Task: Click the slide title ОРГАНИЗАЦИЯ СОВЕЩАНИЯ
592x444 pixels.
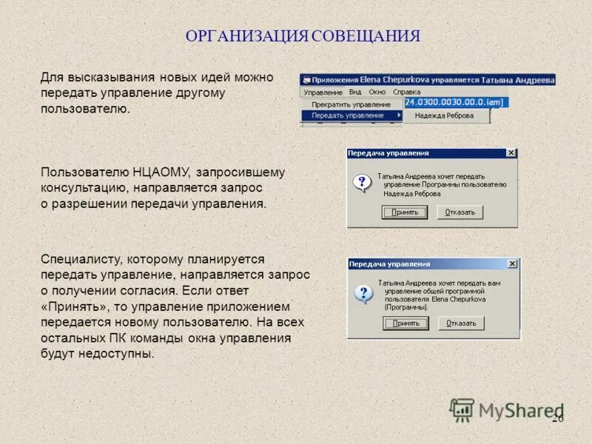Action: coord(303,36)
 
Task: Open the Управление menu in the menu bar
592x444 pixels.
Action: coord(323,92)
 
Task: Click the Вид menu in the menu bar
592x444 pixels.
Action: coord(355,92)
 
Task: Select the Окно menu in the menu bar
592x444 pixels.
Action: coord(377,92)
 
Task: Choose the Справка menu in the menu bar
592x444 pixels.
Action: coord(406,92)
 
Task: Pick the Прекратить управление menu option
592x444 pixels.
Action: coord(351,104)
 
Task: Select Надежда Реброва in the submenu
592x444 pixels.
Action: coord(444,115)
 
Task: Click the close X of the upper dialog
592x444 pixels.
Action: coord(511,153)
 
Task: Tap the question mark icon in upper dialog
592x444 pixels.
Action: coord(362,184)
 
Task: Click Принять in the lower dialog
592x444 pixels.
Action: coord(406,323)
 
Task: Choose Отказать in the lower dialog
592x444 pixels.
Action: coord(461,323)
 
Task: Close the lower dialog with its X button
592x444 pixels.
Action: coord(512,263)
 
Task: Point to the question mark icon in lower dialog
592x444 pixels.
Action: coord(363,294)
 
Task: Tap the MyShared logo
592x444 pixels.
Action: coord(507,411)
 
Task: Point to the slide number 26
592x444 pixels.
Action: coord(557,419)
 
